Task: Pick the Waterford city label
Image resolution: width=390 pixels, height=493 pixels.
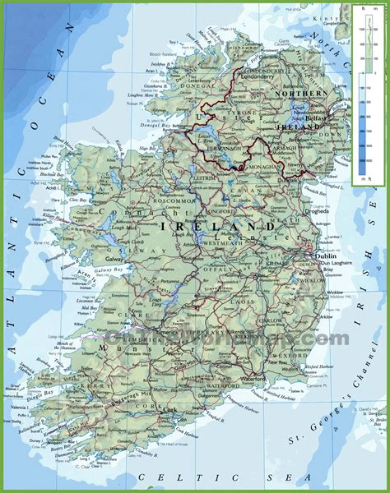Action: tap(250, 380)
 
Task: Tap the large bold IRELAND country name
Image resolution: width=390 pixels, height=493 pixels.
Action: tap(218, 225)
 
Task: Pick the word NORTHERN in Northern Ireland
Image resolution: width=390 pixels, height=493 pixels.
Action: tap(304, 94)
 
